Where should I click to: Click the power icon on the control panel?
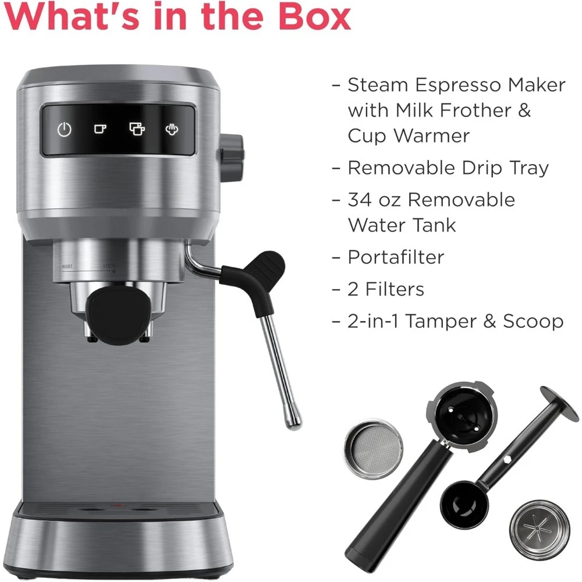point(64,129)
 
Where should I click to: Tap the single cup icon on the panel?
point(99,129)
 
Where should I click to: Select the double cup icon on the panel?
point(136,129)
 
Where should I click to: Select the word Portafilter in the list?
point(396,257)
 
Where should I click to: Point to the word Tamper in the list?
point(444,321)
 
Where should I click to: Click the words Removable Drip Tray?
point(448,168)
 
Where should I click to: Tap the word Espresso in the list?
point(450,85)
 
